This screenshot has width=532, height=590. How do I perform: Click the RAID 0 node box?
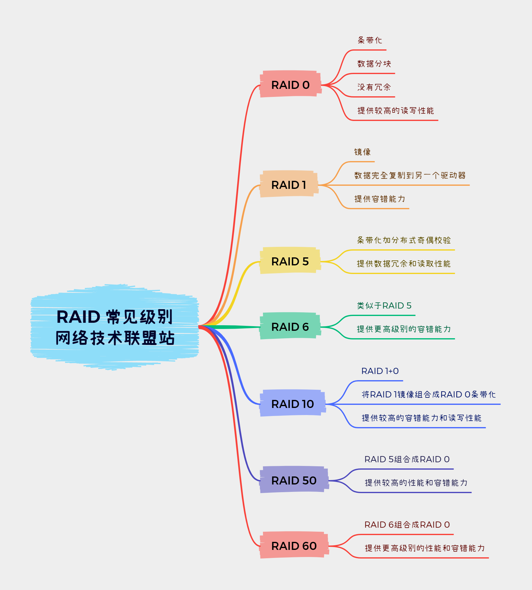coord(290,85)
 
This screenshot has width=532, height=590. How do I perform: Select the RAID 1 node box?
coord(289,185)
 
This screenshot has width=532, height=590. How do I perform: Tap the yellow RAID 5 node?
coord(290,261)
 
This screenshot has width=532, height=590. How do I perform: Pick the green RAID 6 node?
coord(290,326)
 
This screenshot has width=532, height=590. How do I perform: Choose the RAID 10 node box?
coord(292,404)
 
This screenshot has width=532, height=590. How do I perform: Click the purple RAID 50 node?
coord(294,480)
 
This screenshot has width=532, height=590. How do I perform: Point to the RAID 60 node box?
coord(294,546)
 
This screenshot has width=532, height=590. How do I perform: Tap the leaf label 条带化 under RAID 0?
coord(370,40)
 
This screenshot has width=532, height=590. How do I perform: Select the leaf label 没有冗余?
coord(374,87)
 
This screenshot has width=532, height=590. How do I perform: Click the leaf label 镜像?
coord(362,152)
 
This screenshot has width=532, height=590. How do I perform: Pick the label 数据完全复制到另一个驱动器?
coord(410,176)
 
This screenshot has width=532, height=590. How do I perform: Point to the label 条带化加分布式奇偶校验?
coord(404,240)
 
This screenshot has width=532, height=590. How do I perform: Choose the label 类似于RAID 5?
coord(384,306)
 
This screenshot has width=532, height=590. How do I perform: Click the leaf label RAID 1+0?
coord(380,371)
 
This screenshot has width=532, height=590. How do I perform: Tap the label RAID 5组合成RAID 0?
coord(407,459)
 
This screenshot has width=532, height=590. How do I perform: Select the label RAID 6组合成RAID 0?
coord(407,525)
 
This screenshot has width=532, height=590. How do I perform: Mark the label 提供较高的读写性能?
coord(396,111)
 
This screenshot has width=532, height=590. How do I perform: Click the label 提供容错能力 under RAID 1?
coord(380,199)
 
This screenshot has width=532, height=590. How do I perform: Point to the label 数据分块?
coord(374,64)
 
